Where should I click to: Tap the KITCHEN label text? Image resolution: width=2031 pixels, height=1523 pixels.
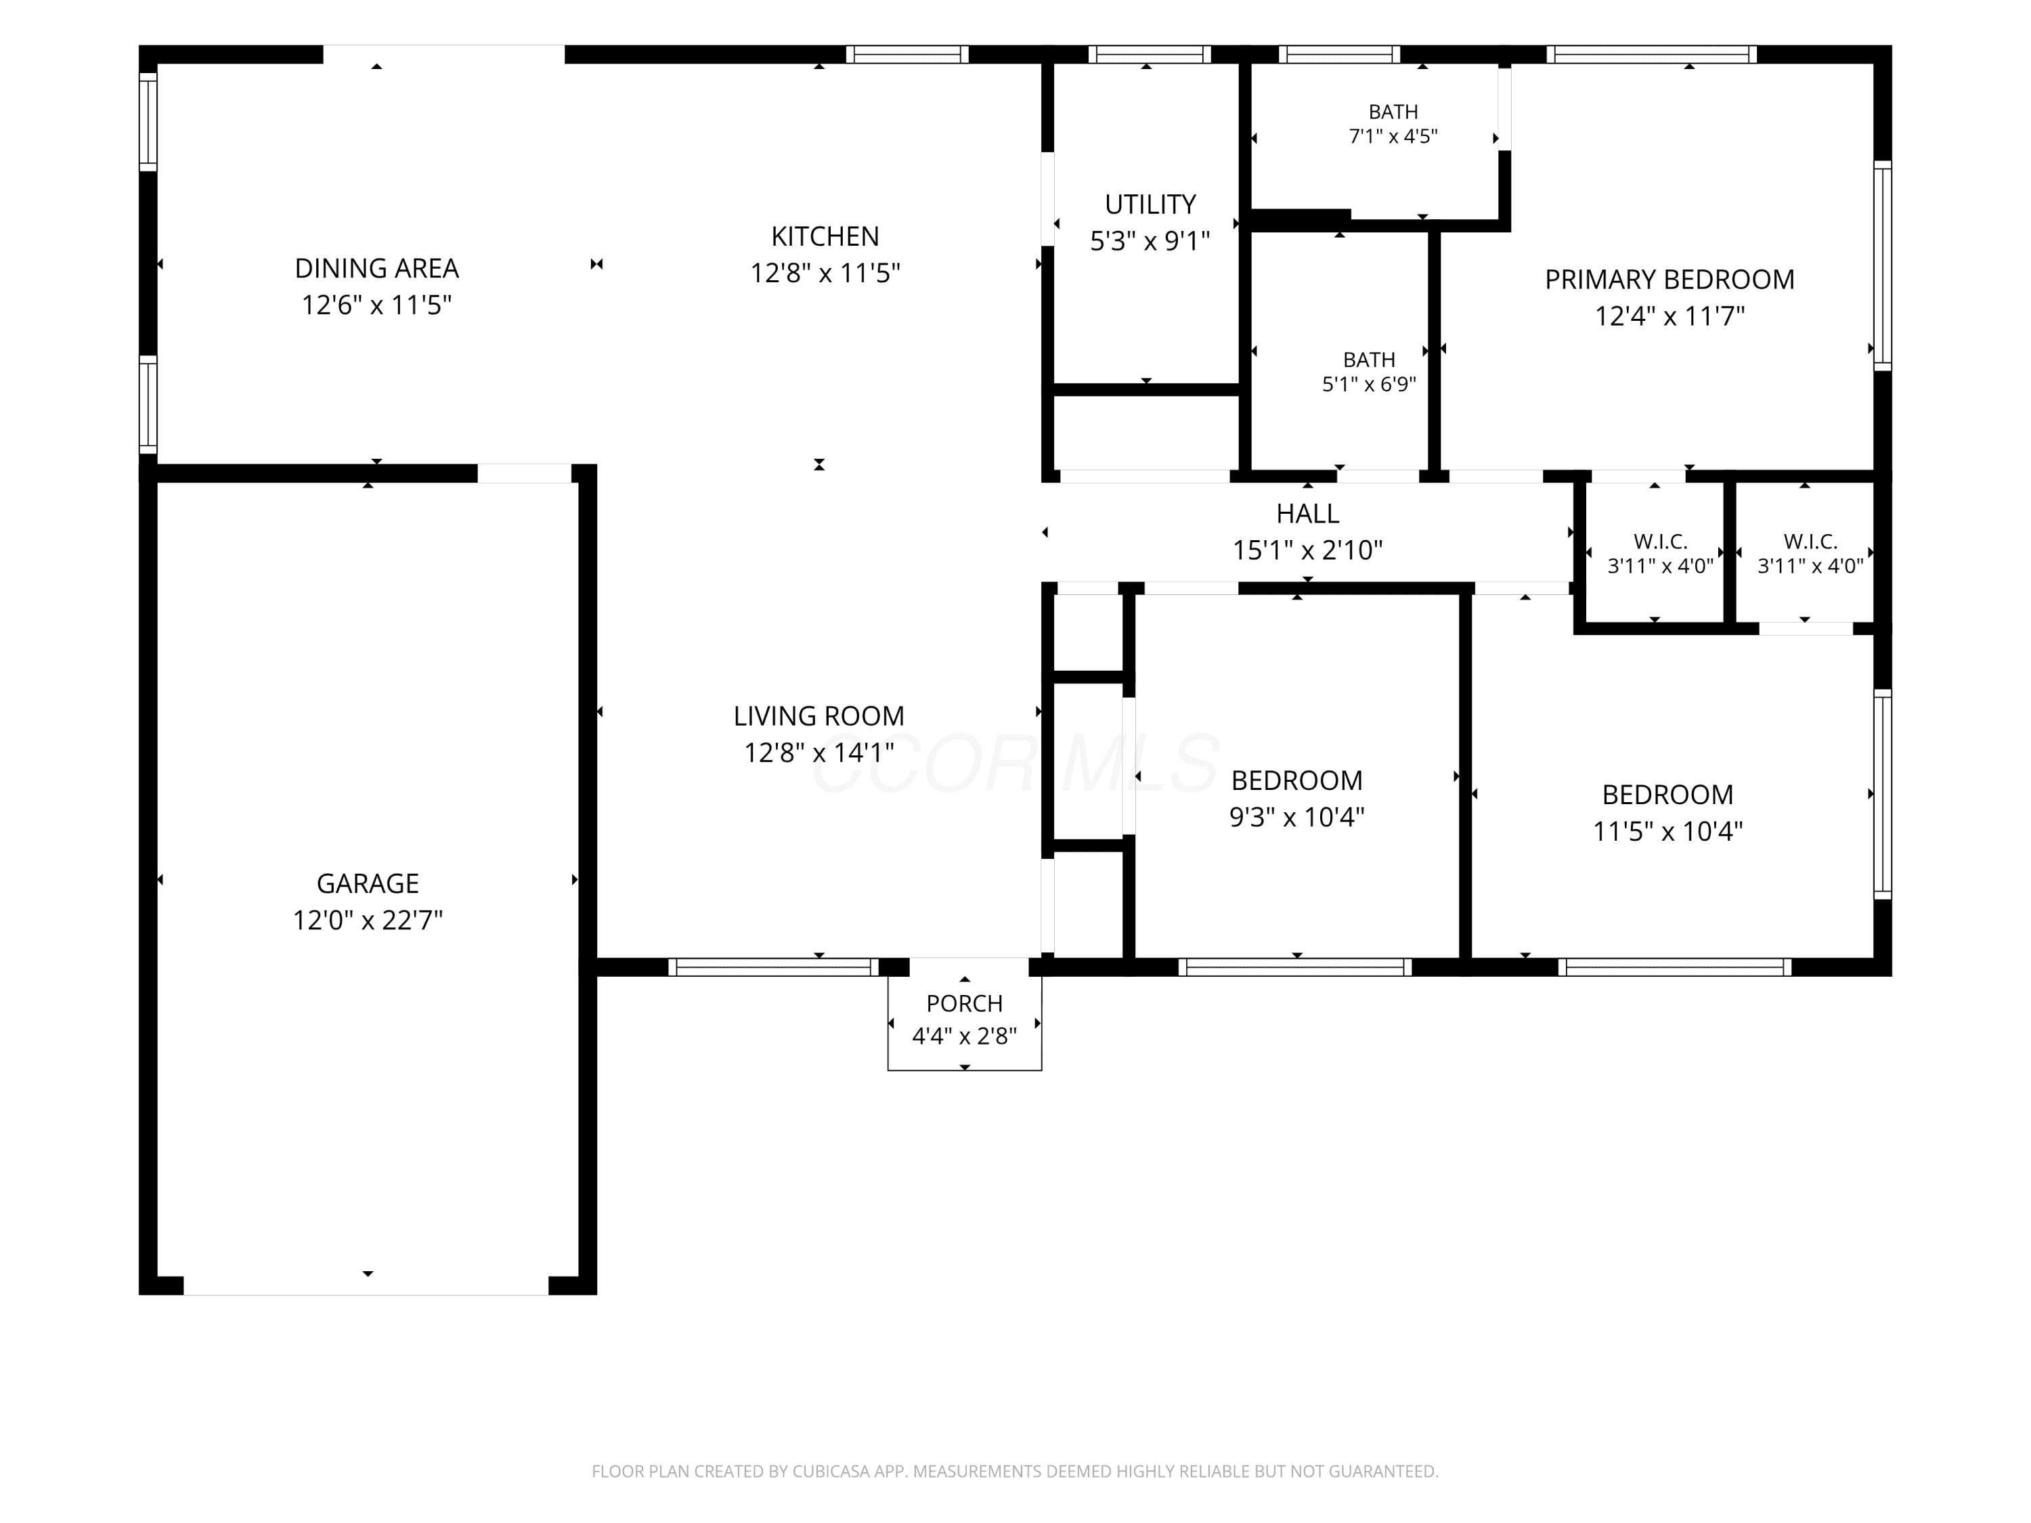[825, 237]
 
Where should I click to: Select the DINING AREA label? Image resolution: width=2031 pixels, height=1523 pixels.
[376, 268]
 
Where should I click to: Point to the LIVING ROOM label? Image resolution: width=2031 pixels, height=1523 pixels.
[819, 716]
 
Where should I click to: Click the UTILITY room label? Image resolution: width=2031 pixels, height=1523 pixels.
[1150, 204]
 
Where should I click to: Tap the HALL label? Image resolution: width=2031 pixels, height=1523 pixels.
[1307, 513]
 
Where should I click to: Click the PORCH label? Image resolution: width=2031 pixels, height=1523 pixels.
[964, 1003]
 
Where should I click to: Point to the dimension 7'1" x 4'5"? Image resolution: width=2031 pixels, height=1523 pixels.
[1393, 137]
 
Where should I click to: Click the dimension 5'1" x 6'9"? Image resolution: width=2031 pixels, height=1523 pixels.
[1369, 384]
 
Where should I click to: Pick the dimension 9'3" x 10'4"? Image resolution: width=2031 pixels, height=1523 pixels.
[1296, 817]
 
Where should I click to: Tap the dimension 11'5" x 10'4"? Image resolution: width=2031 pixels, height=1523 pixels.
[1667, 831]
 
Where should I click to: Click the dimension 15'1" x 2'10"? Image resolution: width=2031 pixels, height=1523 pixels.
[1307, 550]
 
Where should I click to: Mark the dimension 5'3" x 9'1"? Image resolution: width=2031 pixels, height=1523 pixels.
[1150, 240]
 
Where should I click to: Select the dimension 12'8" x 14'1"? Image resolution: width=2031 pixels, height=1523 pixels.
[819, 753]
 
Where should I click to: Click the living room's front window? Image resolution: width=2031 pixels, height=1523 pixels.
[773, 967]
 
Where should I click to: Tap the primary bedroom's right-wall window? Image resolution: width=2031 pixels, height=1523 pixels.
[1882, 266]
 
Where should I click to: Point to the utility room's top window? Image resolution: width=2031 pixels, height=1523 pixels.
[1150, 54]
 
